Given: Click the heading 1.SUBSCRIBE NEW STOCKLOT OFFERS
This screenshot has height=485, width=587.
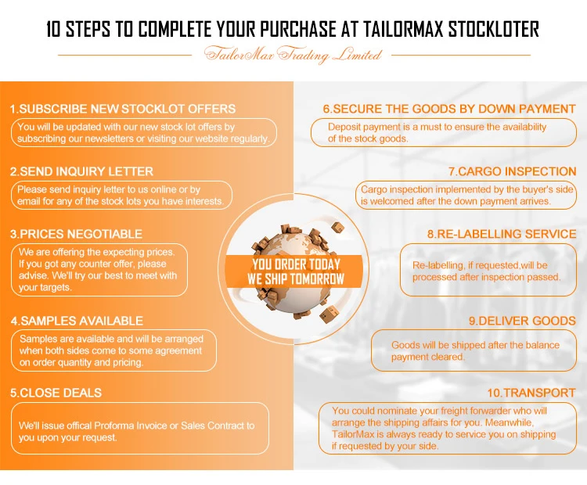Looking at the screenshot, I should click(122, 109).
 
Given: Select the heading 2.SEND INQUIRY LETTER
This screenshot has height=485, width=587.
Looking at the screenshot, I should click(81, 171).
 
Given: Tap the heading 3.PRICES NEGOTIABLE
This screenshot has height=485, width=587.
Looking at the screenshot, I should click(76, 234).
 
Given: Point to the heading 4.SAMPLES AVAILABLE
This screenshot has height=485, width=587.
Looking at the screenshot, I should click(77, 321).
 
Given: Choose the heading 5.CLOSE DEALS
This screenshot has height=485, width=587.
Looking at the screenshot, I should click(56, 393).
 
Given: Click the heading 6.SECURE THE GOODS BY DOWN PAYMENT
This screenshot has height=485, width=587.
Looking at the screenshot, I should click(449, 109).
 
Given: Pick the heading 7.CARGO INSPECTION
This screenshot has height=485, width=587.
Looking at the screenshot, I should click(512, 171).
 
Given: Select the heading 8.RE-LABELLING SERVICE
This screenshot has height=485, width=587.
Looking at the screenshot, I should click(501, 234).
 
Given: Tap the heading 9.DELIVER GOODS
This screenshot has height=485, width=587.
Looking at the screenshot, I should click(522, 321).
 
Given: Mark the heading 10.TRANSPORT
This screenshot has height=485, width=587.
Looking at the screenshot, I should click(531, 393).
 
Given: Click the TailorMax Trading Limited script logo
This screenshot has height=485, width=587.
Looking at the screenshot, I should click(293, 56).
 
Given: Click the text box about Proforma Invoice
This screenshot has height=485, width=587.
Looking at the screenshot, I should click(139, 429).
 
